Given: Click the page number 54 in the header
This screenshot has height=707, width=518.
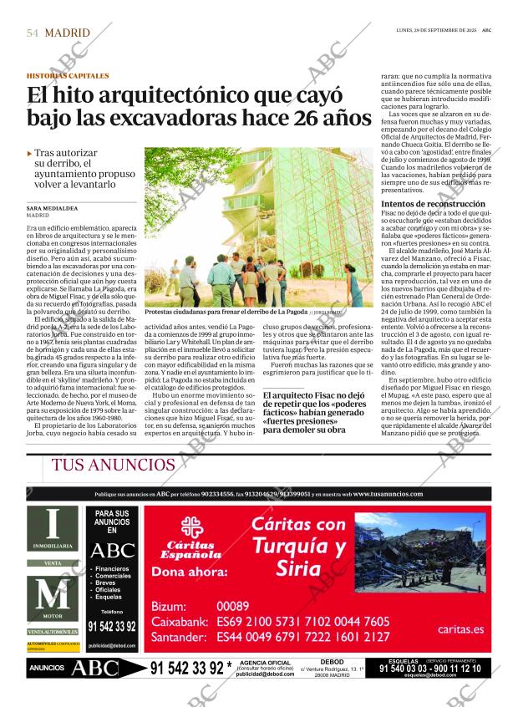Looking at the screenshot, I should [33, 33].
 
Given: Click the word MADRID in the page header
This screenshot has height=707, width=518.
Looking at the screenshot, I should [68, 33].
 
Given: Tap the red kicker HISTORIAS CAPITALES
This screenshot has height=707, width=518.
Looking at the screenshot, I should [67, 76].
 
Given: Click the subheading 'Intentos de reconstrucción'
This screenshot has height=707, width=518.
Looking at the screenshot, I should [432, 204].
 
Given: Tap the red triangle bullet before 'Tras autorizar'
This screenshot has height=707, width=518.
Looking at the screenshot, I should [30, 154].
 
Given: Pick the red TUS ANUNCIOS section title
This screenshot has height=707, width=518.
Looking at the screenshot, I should [113, 465].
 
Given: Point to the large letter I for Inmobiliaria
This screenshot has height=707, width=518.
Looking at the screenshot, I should [52, 524].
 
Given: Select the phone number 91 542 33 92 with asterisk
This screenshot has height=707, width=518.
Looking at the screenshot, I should [190, 669].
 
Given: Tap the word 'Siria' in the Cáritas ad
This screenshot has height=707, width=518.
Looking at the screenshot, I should [298, 570].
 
